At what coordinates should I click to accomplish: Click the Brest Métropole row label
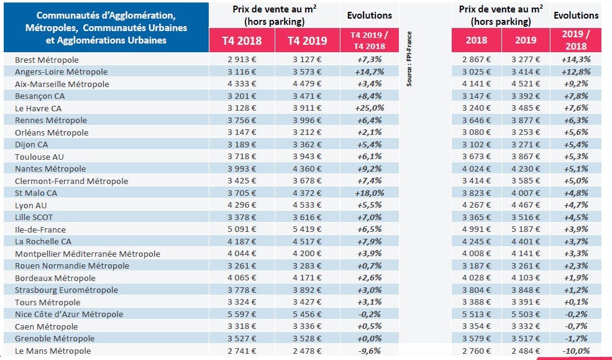click(47, 60)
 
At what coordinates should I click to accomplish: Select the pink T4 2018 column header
click(242, 40)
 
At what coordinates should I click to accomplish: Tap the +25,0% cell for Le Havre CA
click(370, 108)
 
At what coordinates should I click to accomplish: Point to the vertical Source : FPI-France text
click(409, 59)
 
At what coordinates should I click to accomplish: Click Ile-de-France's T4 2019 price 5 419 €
click(307, 229)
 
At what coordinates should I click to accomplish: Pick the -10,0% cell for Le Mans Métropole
click(576, 351)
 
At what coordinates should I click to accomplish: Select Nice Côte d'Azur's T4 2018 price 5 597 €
click(242, 314)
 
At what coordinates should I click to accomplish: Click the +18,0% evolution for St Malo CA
click(370, 193)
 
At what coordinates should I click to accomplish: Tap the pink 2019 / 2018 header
click(576, 40)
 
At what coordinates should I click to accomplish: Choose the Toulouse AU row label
click(39, 157)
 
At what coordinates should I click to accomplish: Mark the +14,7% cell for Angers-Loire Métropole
click(370, 72)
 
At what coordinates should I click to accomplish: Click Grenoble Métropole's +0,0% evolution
click(370, 338)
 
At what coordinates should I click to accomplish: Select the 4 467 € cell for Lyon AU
click(526, 205)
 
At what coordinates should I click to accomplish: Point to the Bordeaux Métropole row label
click(55, 278)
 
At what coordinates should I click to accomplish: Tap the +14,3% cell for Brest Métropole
click(576, 59)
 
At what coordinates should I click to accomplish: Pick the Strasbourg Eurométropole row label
click(66, 290)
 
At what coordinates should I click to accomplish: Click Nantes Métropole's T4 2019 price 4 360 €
click(307, 168)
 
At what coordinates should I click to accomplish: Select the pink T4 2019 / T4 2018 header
click(370, 40)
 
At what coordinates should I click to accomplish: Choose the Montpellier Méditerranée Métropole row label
click(88, 254)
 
